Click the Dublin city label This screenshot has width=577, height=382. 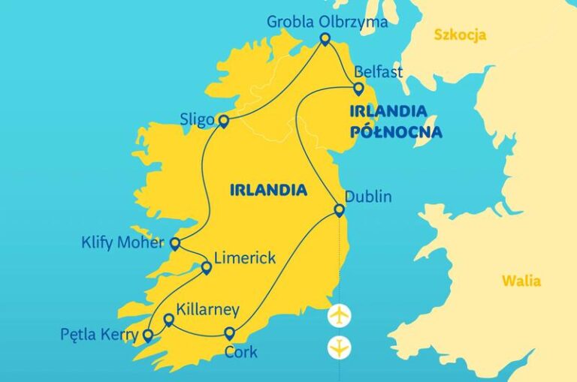[368, 197]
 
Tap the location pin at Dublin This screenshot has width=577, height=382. [340, 210]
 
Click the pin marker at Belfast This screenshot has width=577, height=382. [358, 89]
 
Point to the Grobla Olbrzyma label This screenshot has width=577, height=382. [327, 22]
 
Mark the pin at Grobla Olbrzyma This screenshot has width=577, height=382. [325, 38]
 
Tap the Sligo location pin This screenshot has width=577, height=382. [223, 120]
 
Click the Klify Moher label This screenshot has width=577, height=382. [122, 243]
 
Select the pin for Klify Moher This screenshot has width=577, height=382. [175, 243]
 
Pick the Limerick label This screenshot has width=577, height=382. [245, 258]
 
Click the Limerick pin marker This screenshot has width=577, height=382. [207, 267]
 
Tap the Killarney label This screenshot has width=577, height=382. [207, 309]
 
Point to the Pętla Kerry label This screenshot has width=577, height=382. [98, 335]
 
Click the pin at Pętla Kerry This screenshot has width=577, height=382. [148, 335]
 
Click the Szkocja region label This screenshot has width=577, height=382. [460, 35]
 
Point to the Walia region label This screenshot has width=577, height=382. [521, 281]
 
